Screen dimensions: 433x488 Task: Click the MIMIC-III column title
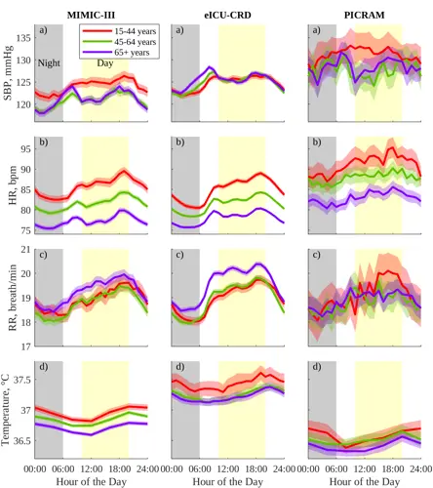click(91, 16)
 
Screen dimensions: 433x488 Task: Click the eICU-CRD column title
click(227, 16)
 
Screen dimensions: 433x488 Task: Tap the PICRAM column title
click(365, 16)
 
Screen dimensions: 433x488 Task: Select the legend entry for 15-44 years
click(120, 31)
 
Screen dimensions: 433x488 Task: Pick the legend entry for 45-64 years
click(120, 42)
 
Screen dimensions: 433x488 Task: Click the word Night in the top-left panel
click(49, 63)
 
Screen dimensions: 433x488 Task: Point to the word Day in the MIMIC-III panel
click(104, 63)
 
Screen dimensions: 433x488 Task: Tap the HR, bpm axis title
click(13, 185)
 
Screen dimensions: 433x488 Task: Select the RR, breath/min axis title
click(13, 298)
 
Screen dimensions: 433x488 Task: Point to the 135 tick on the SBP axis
click(24, 38)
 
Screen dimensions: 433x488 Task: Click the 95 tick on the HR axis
click(26, 149)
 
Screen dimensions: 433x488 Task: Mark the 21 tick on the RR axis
click(26, 250)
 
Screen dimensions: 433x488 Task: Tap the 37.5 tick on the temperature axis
click(22, 380)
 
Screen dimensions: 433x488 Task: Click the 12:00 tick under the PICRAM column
click(365, 469)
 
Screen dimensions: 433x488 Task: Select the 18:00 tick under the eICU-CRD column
click(256, 469)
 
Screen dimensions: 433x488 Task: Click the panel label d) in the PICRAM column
click(316, 367)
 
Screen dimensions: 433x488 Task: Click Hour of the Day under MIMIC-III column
click(91, 481)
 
